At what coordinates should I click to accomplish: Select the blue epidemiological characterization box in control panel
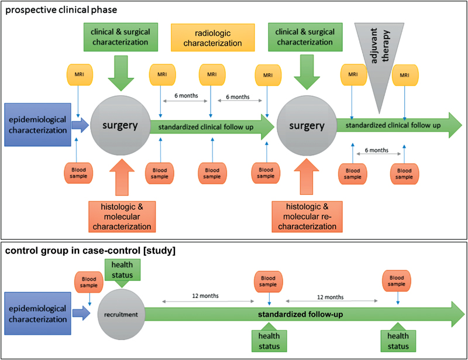[x=37, y=314]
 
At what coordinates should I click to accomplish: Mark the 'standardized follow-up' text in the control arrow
[x=300, y=314]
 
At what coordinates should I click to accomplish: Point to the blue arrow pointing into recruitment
[x=87, y=314]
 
